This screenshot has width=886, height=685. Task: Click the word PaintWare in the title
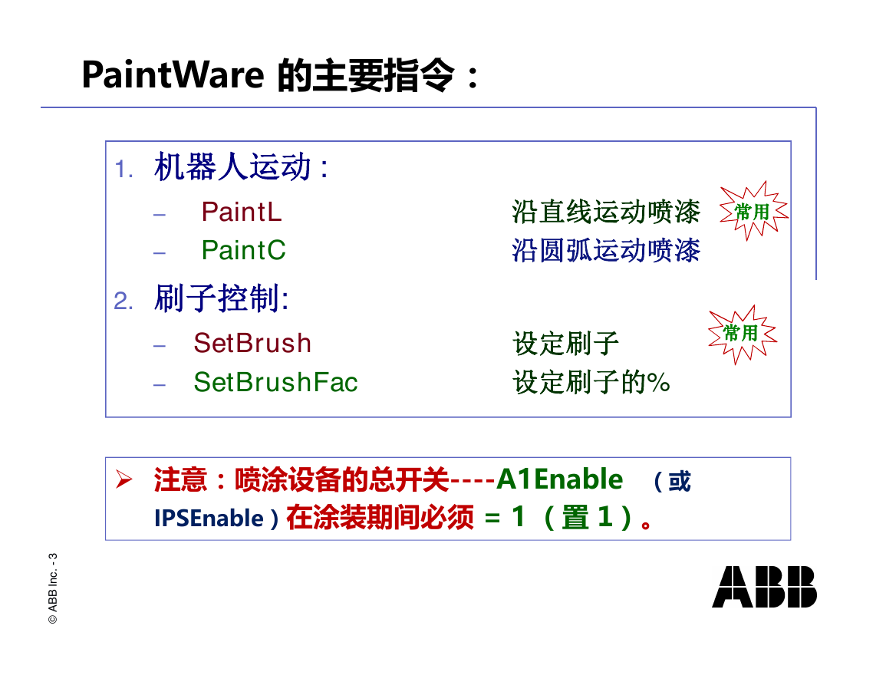point(173,74)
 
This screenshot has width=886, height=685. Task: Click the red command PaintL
point(242,212)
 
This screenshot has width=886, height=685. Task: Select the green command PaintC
point(243,250)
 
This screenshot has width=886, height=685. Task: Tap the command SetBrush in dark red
point(252,343)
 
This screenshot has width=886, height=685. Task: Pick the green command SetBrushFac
point(275,382)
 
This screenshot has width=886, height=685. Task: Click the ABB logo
point(764,587)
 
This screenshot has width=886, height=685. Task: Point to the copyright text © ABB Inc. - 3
point(53,588)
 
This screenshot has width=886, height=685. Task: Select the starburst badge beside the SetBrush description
point(743,334)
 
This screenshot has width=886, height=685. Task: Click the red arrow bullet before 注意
point(124,479)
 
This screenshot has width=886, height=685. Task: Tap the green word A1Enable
point(559,479)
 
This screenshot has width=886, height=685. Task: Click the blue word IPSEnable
point(209,519)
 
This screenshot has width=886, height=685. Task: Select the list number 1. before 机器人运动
point(124,169)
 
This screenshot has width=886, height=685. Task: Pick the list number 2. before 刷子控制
point(124,301)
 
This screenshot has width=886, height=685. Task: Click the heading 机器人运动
point(232,167)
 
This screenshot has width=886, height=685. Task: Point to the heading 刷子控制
point(217,298)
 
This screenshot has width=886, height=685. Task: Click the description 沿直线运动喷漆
point(606,212)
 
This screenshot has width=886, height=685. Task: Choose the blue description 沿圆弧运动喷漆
point(606,250)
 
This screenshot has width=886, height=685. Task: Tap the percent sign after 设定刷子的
point(659,383)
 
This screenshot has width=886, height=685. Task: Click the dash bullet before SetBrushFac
point(160,385)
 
